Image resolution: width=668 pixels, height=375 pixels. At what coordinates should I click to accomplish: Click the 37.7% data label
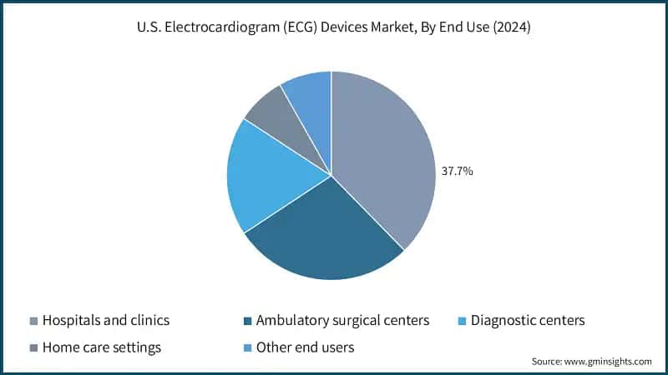(458, 172)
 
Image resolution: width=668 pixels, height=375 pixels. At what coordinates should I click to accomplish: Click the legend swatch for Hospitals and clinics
(33, 321)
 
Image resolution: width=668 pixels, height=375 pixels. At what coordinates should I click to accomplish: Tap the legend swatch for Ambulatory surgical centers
(246, 321)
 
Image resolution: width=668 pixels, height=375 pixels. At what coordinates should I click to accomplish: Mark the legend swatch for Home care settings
(33, 347)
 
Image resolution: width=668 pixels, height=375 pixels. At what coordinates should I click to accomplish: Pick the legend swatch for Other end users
(246, 347)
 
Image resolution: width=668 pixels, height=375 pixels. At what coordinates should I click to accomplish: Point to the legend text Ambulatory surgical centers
(343, 321)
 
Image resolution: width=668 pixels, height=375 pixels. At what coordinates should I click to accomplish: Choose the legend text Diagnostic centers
(528, 321)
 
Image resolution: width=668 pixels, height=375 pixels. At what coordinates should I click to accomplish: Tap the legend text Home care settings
(101, 347)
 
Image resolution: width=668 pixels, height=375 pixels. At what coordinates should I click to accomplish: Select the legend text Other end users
(306, 347)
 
